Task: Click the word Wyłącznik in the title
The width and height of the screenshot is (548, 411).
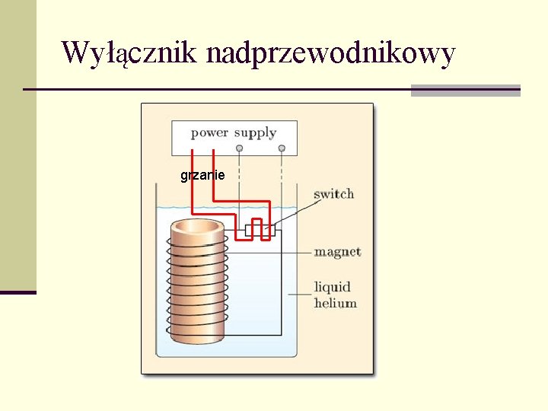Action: point(129,53)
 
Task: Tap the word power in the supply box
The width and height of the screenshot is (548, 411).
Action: point(209,133)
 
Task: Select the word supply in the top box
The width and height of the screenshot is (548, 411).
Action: point(255,134)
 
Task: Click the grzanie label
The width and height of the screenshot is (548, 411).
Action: point(202,176)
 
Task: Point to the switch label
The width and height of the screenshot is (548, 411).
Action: point(334,194)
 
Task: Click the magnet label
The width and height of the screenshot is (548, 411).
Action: point(337,252)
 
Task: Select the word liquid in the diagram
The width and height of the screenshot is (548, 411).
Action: point(333,287)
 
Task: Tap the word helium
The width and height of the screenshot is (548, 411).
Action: point(336,303)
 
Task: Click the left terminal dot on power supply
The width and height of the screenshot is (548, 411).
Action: point(240,148)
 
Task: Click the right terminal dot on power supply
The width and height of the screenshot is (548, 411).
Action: point(282,148)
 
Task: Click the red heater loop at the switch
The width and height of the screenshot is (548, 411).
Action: point(258,229)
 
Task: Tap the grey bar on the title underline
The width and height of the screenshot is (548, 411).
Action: point(465,91)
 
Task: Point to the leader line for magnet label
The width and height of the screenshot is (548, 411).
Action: point(297,252)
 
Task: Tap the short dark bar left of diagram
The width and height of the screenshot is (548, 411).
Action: point(18,292)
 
